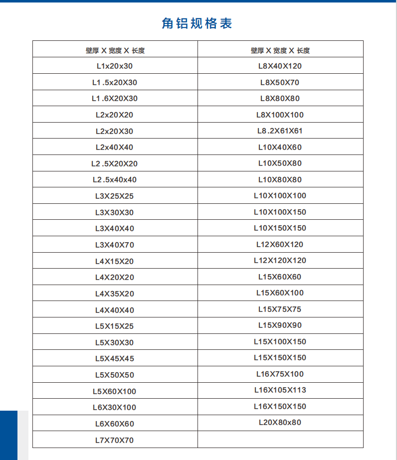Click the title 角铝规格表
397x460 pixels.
pyautogui.click(x=198, y=23)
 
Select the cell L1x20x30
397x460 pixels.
pyautogui.click(x=115, y=66)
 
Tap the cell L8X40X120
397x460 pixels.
pyautogui.click(x=280, y=66)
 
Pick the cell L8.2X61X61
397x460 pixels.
pyautogui.click(x=280, y=131)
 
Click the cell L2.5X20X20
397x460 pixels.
pyautogui.click(x=115, y=163)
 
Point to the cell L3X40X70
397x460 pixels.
pyautogui.click(x=115, y=245)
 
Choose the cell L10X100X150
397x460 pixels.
pyautogui.click(x=280, y=212)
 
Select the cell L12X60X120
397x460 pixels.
pyautogui.click(x=280, y=244)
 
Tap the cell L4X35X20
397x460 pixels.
pyautogui.click(x=115, y=294)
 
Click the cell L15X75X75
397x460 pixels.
pyautogui.click(x=280, y=309)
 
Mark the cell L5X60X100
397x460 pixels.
pyautogui.click(x=115, y=391)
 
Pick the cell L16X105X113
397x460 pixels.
pyautogui.click(x=280, y=390)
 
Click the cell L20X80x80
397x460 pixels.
pyautogui.click(x=280, y=422)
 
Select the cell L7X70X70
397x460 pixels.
pyautogui.click(x=115, y=440)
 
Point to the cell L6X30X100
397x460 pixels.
pyautogui.click(x=115, y=407)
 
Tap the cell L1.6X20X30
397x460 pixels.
pyautogui.click(x=115, y=98)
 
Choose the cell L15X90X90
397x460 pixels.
pyautogui.click(x=280, y=325)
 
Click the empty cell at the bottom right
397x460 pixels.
pyautogui.click(x=280, y=440)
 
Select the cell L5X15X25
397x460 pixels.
pyautogui.click(x=115, y=326)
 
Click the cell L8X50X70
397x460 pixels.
pyautogui.click(x=280, y=82)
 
